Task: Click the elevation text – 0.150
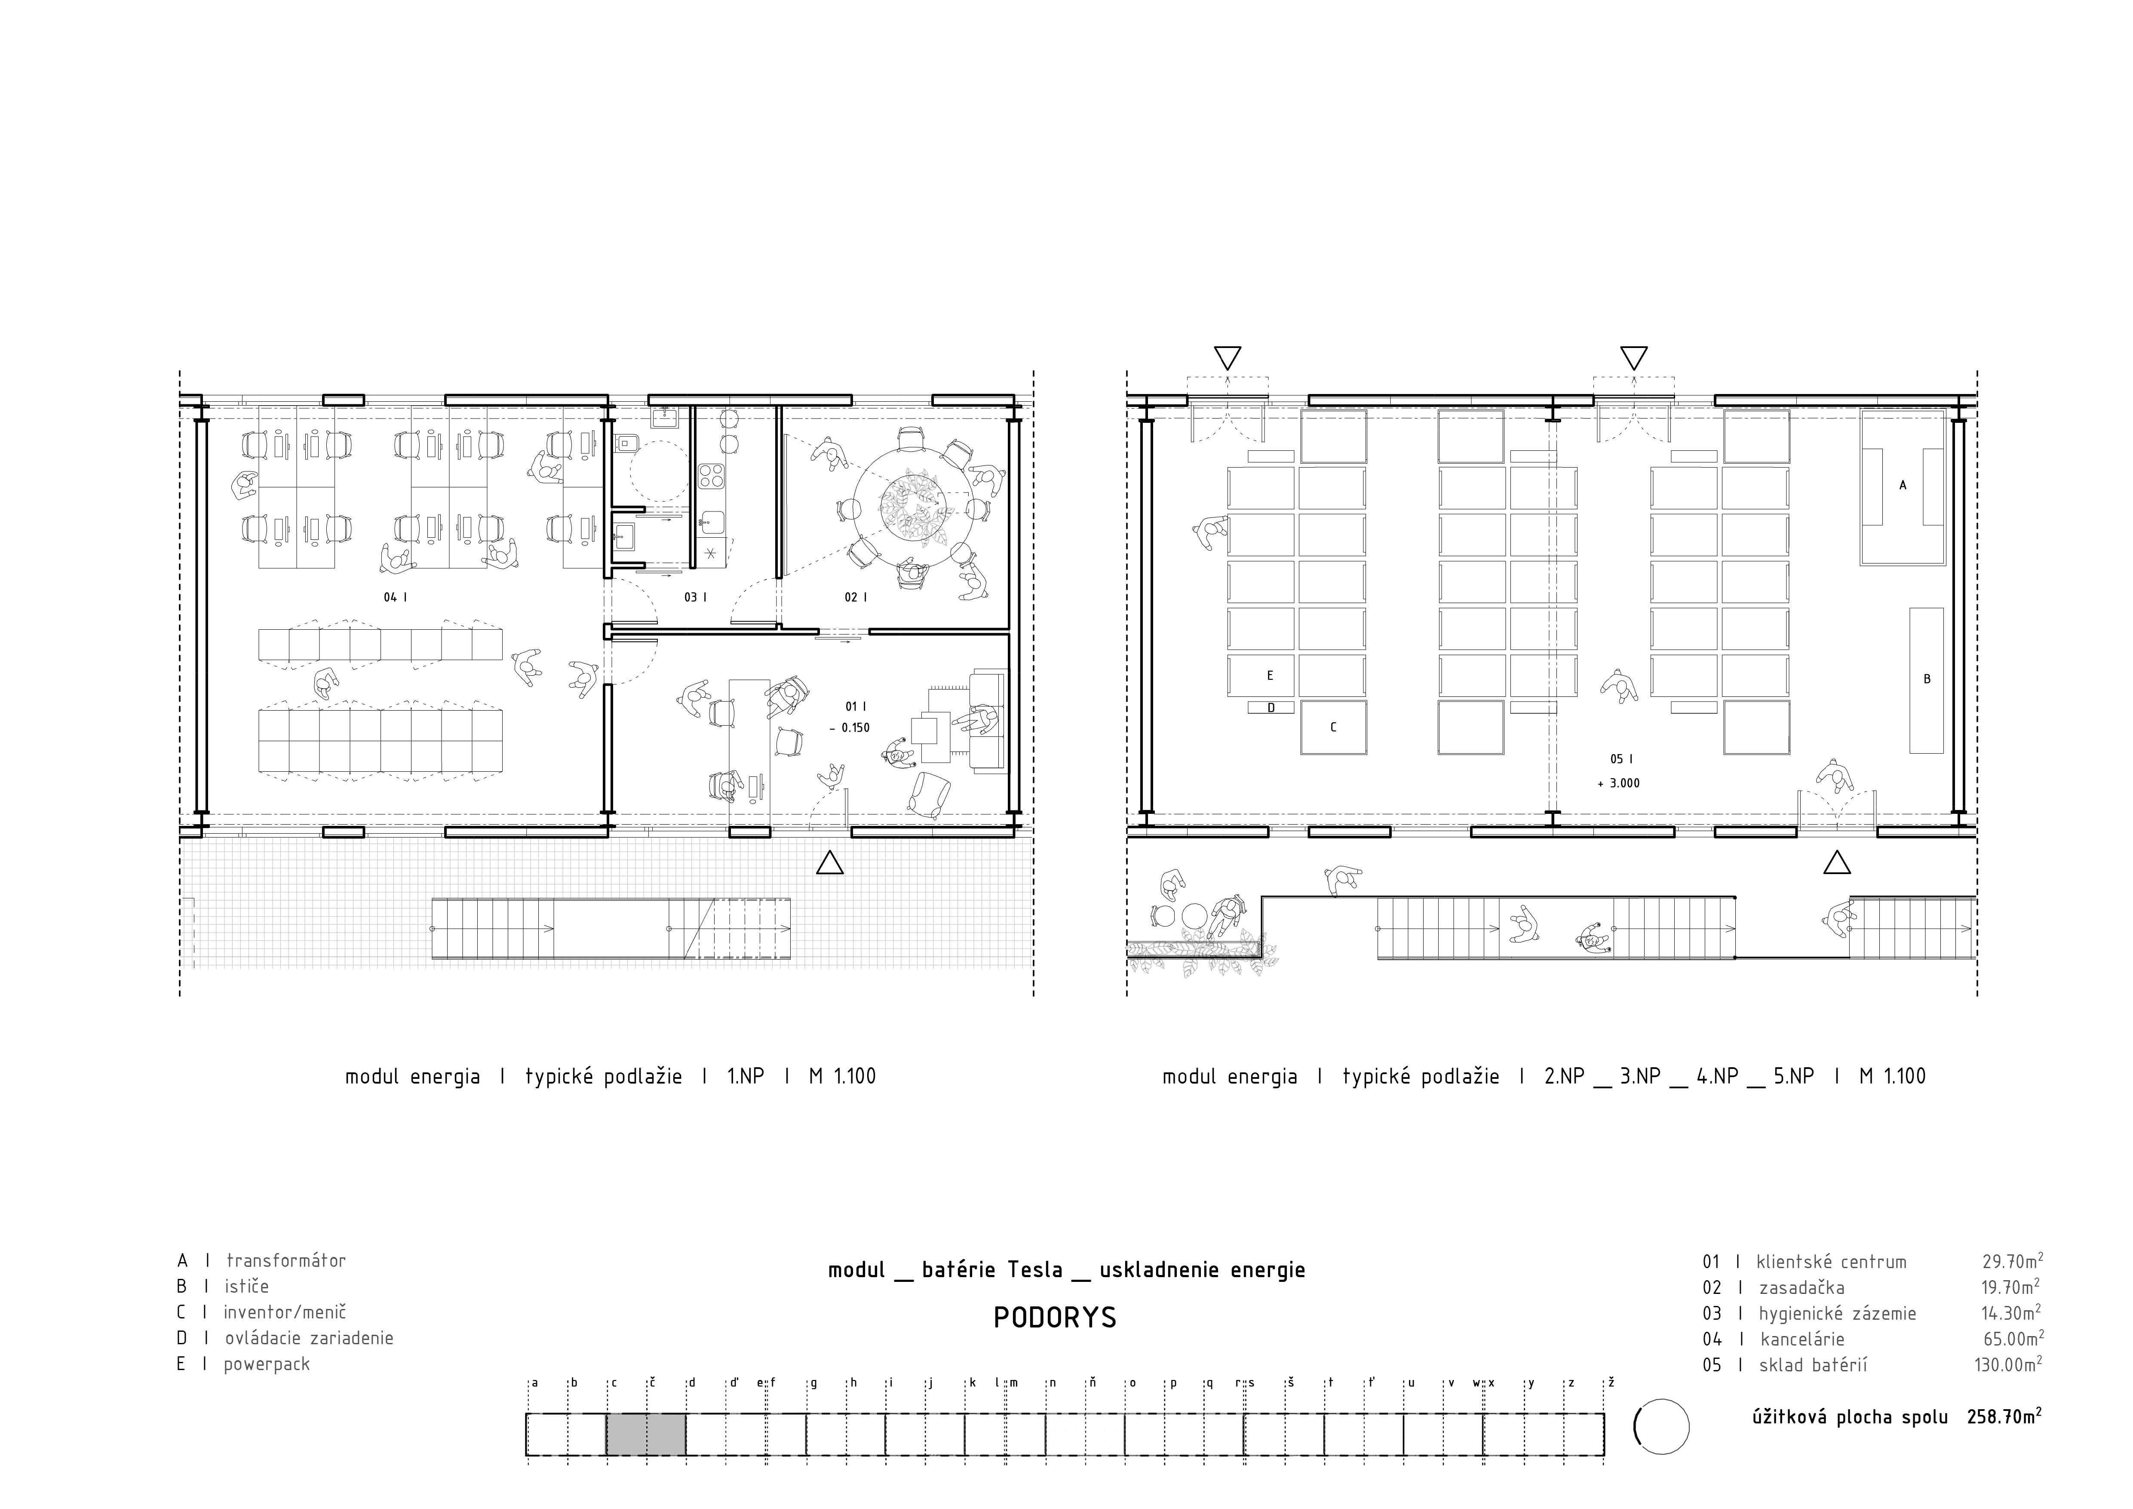pyautogui.click(x=850, y=727)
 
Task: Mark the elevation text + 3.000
pyautogui.click(x=1618, y=783)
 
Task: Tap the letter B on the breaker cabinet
pyautogui.click(x=1927, y=679)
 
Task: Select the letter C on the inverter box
pyautogui.click(x=1333, y=727)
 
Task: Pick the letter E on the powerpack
pyautogui.click(x=1270, y=675)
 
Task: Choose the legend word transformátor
pyautogui.click(x=286, y=1261)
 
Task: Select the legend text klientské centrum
pyautogui.click(x=1831, y=1262)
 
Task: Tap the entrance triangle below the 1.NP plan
pyautogui.click(x=830, y=863)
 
